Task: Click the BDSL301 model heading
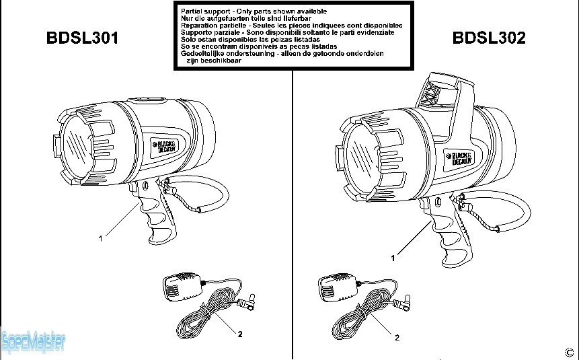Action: coord(82,38)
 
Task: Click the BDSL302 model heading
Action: coord(489,38)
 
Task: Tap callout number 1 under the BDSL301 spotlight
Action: coord(100,238)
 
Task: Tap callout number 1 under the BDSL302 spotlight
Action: coord(393,258)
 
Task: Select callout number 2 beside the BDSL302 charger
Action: coord(397,337)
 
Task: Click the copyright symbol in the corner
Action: coord(569,351)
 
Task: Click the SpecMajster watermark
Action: coord(34,343)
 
